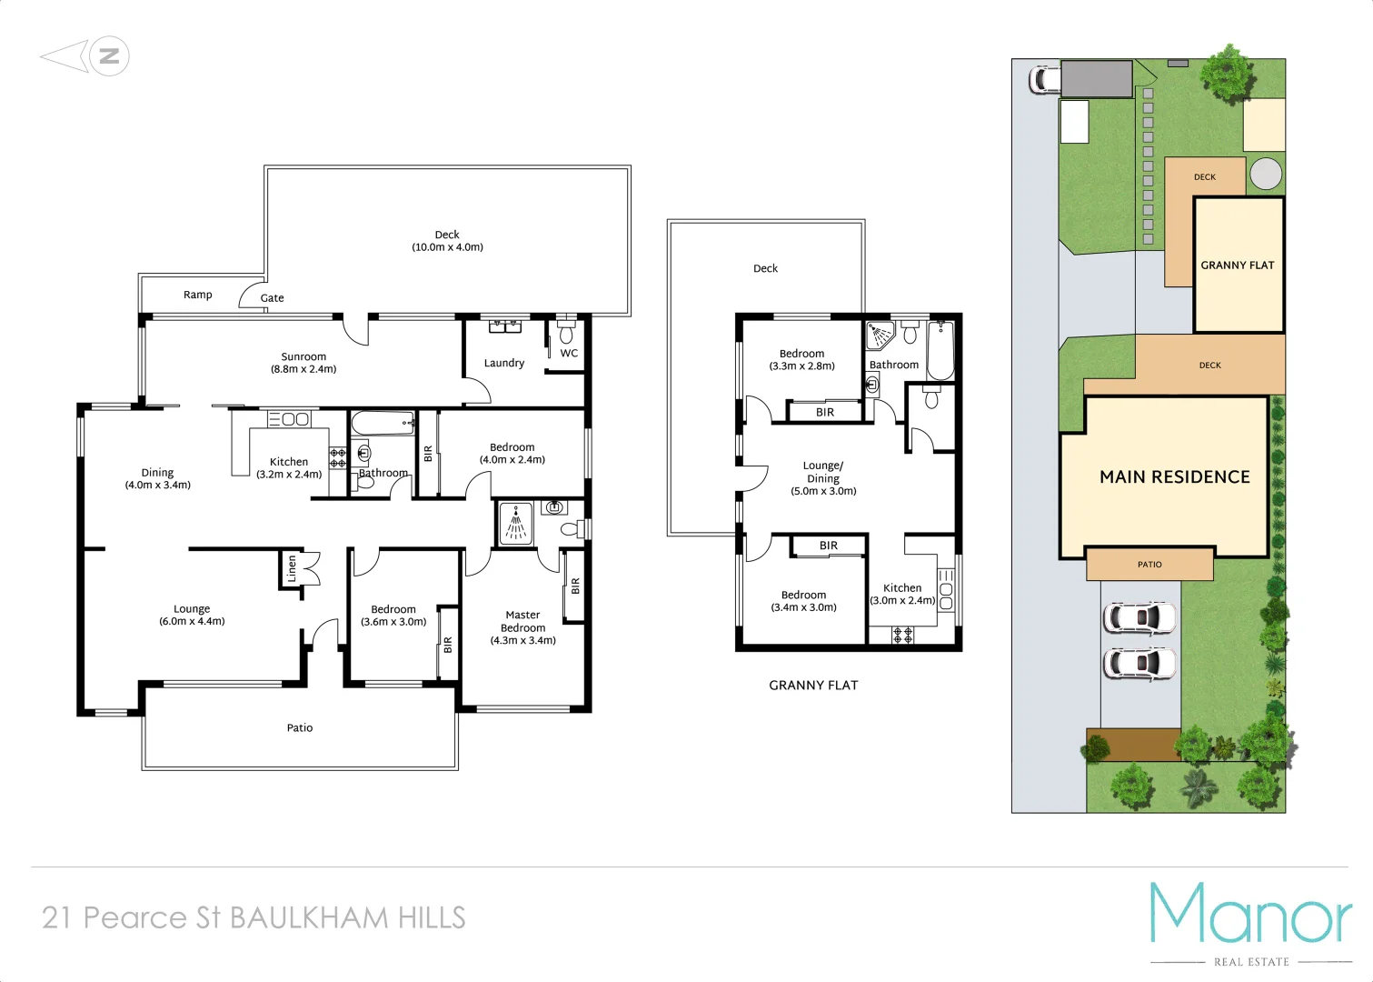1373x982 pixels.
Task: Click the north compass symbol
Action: (108, 56)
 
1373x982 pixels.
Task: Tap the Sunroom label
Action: (303, 363)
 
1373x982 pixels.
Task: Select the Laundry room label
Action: (503, 363)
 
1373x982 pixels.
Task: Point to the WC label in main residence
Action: (569, 353)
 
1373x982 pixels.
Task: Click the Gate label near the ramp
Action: (272, 298)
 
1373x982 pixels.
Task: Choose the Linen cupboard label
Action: (292, 568)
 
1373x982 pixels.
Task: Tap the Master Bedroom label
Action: (522, 627)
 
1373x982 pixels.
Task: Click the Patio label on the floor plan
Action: (300, 727)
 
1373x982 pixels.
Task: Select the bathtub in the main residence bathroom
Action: (383, 424)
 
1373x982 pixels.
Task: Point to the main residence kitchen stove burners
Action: (337, 457)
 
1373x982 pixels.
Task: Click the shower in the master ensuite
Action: (515, 524)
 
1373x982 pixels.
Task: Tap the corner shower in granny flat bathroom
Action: (880, 335)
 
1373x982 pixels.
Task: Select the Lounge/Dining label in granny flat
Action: (823, 477)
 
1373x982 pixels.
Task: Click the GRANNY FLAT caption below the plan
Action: (813, 686)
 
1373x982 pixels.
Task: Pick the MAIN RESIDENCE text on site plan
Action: (1174, 477)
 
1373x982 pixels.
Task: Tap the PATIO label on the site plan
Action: (1149, 565)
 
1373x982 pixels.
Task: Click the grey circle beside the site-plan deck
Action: (1265, 174)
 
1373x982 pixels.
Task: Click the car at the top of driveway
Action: (1045, 79)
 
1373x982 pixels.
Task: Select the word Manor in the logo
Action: (1250, 914)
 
